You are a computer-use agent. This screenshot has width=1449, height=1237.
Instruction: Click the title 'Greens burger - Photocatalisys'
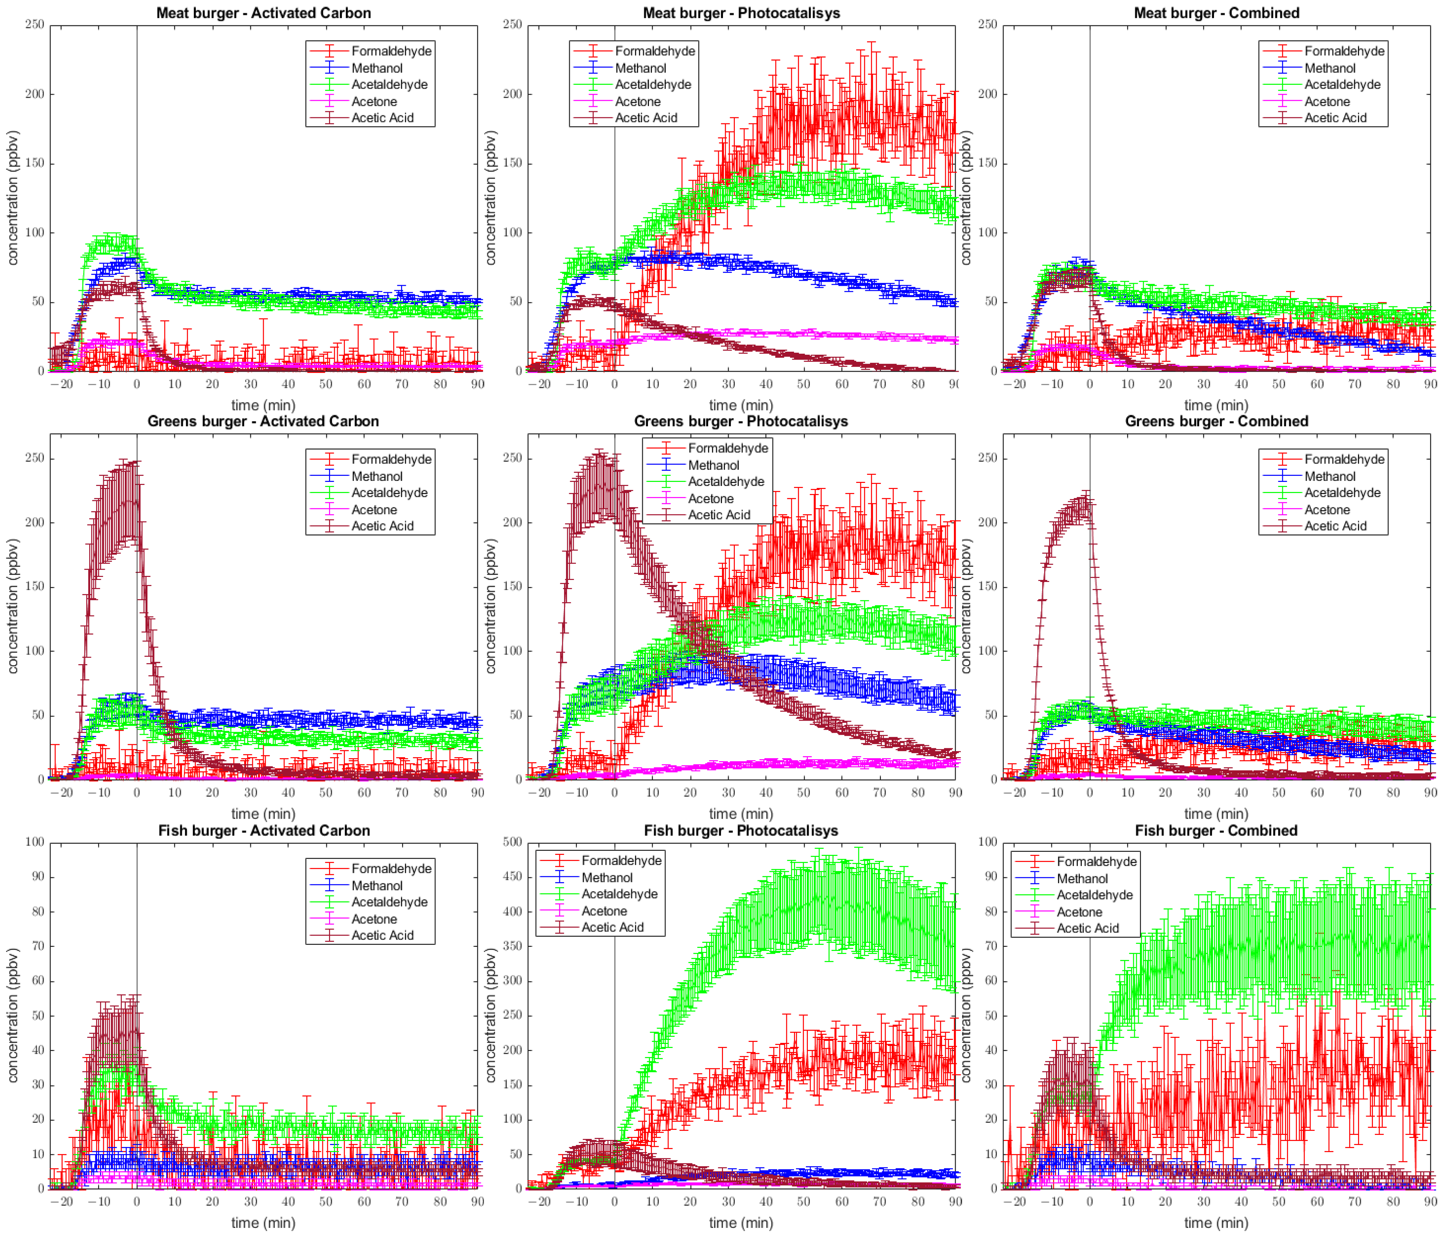(x=741, y=421)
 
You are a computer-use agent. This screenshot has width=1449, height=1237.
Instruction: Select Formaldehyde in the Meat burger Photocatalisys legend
(x=655, y=51)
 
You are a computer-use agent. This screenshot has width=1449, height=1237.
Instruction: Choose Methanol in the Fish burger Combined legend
(x=1082, y=878)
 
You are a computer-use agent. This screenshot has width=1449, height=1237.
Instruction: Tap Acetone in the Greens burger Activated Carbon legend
(x=374, y=510)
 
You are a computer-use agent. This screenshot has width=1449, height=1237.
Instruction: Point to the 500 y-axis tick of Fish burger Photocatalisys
(x=513, y=842)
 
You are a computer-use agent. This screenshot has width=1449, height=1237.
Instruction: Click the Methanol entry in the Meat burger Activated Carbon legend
(x=377, y=68)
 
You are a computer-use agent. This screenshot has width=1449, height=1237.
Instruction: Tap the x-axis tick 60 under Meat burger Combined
(x=1317, y=384)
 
